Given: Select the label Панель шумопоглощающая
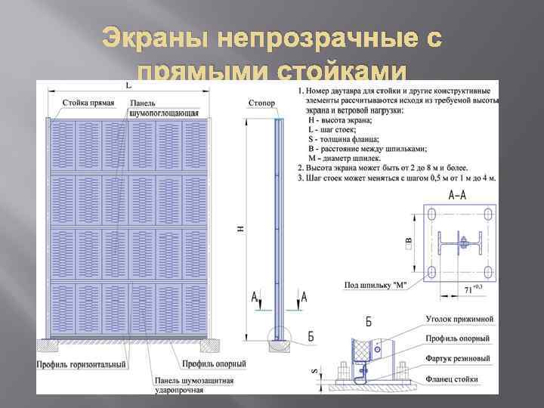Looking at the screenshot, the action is click(x=163, y=107).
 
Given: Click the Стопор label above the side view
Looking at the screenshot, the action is click(x=262, y=102).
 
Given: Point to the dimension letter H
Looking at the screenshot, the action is click(x=240, y=226).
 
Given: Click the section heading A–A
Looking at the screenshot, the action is click(x=456, y=195).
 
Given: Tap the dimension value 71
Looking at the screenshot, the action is click(x=468, y=289).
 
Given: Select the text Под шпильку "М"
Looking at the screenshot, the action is click(x=376, y=284).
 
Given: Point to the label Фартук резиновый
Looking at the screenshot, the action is click(x=458, y=357).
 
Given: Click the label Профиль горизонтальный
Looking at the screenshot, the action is click(x=81, y=365).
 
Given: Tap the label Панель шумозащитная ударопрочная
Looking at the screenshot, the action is click(x=190, y=384).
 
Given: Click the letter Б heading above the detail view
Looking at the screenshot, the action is click(x=369, y=321).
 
